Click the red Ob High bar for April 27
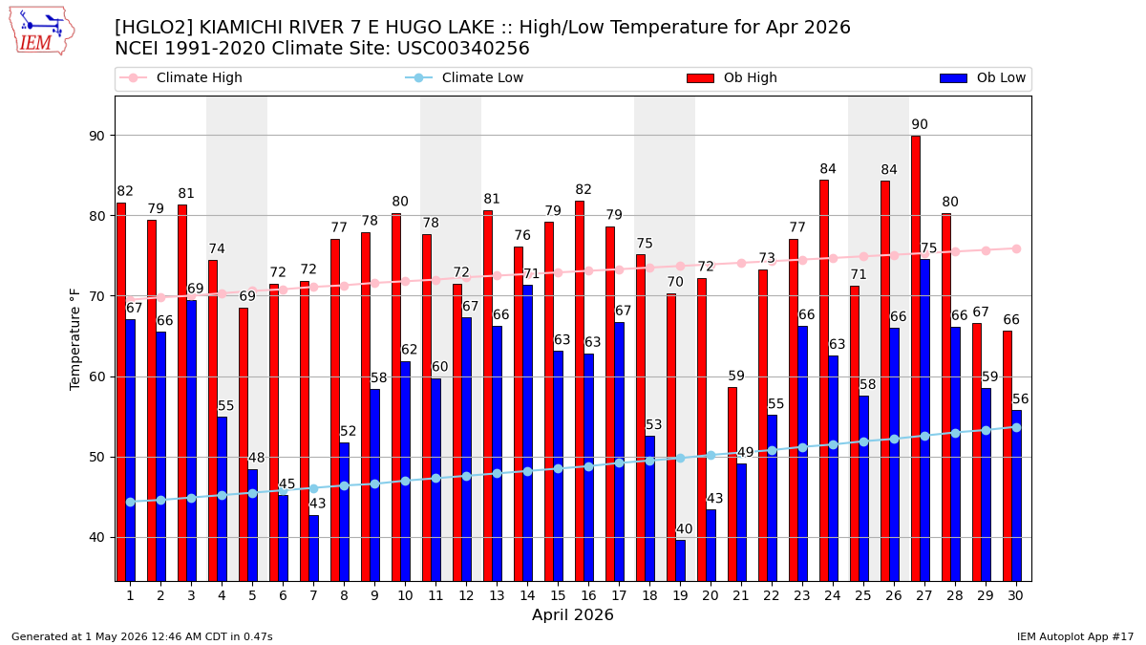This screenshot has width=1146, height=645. coord(916,358)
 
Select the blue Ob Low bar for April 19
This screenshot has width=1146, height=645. coord(680,561)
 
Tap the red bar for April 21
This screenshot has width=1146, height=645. coord(732,484)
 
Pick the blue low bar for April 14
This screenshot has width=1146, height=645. coord(527,433)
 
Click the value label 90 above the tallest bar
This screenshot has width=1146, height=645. coord(920,124)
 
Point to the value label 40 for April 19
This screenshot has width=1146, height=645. coord(684,528)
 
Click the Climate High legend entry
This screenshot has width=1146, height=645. coord(180,77)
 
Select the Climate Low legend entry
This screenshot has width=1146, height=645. coord(464,77)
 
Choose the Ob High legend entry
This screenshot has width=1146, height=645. coord(732,77)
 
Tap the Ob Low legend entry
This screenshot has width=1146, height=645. coord(983,77)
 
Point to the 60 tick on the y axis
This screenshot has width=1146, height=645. coord(96,376)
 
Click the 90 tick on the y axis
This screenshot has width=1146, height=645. coord(96,136)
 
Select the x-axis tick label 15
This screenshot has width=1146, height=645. coord(558,596)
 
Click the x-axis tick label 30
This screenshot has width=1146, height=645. coord(1015,596)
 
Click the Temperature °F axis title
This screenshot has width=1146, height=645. coord(74,339)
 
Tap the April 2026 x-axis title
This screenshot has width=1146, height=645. coord(572,614)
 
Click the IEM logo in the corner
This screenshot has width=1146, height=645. coord(42,32)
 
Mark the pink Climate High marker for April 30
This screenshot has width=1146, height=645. coord(1016,248)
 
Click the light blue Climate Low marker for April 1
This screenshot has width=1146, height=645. coord(131,503)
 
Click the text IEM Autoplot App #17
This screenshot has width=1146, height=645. coord(1075,636)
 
